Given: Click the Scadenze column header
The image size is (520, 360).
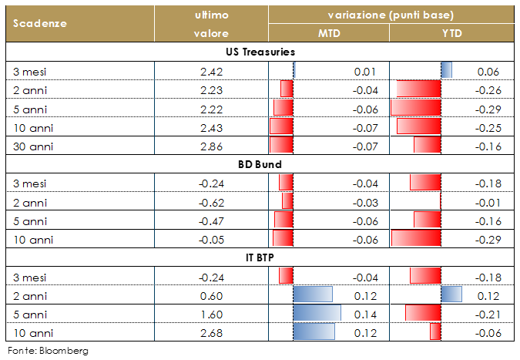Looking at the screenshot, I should [39, 23].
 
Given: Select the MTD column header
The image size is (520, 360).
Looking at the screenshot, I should [329, 33].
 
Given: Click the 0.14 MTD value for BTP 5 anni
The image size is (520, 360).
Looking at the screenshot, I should [364, 313].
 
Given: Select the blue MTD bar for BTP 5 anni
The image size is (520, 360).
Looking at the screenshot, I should [317, 313].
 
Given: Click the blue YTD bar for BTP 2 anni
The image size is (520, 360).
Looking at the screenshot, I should [451, 294].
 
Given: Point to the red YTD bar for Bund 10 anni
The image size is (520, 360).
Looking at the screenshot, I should [416, 238].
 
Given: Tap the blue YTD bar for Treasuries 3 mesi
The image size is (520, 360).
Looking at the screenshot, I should [446, 71].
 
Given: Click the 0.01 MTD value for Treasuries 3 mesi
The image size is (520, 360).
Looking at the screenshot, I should [364, 71].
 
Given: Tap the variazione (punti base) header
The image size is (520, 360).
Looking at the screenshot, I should [390, 15].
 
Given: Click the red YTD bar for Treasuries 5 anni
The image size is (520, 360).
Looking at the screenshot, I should [416, 108].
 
